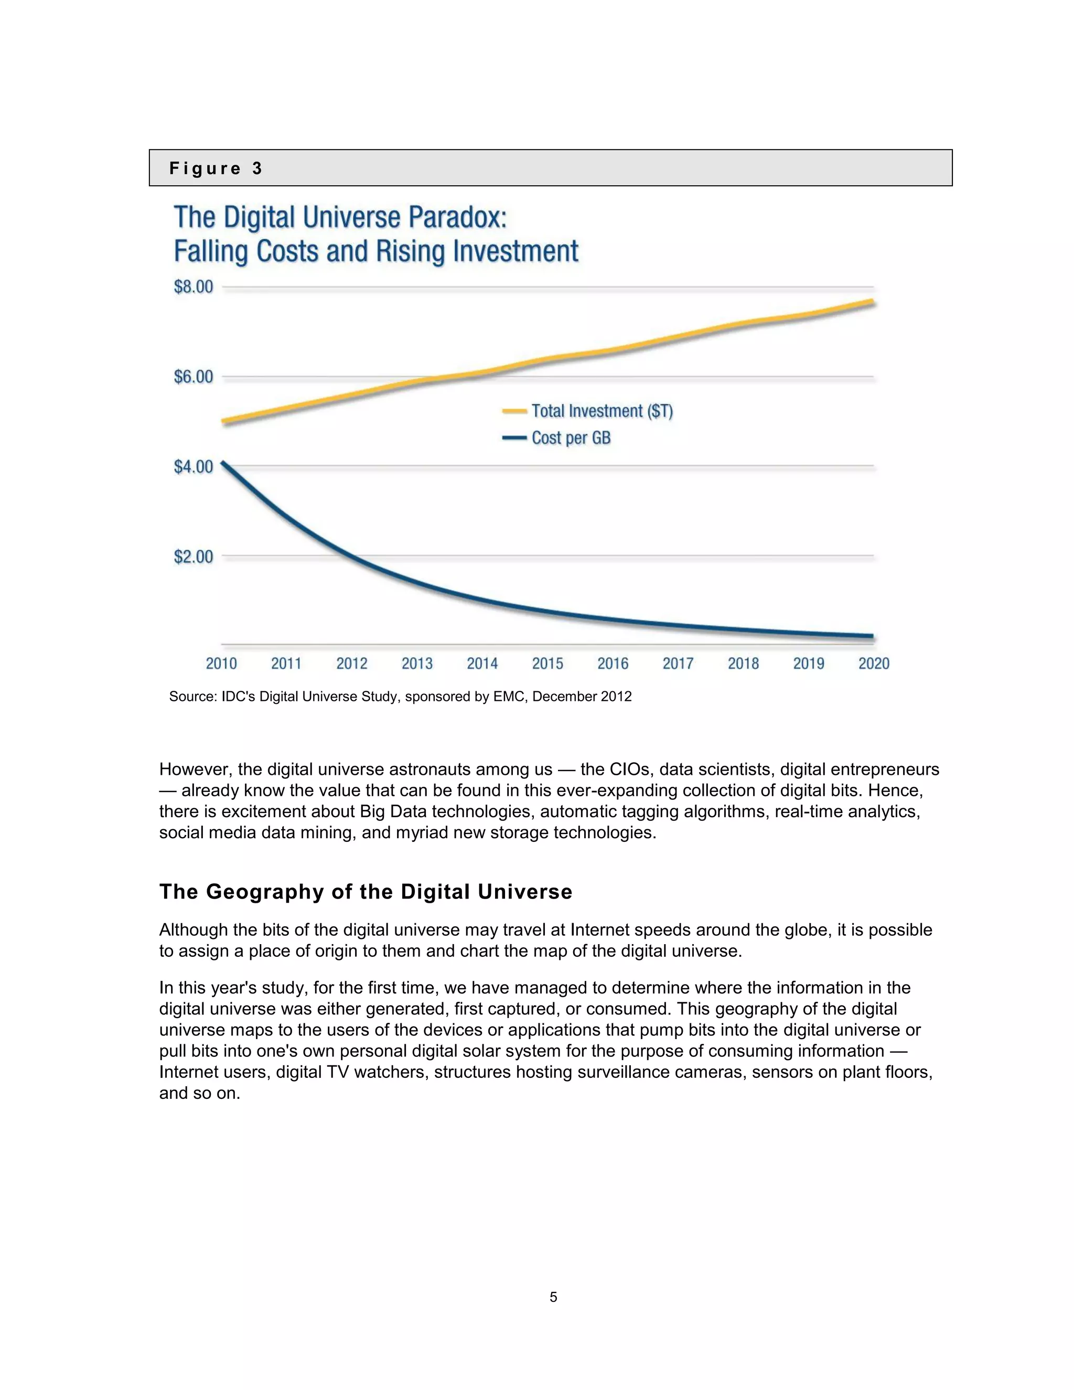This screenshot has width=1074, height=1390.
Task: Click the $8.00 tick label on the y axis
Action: [x=194, y=287]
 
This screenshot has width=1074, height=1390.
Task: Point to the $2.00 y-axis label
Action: [x=194, y=557]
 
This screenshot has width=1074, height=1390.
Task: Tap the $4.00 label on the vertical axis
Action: [x=194, y=467]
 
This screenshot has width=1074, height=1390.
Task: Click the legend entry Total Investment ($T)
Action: [x=602, y=411]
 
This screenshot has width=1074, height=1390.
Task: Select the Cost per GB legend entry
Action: [x=571, y=438]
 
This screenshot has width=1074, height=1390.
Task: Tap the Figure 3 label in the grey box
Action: [x=216, y=169]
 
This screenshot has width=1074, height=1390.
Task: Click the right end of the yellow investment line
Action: [x=872, y=302]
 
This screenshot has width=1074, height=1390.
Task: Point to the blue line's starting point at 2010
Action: [x=223, y=463]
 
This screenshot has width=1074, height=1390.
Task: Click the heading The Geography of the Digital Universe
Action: [x=365, y=891]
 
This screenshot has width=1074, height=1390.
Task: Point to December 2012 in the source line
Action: [x=582, y=696]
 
